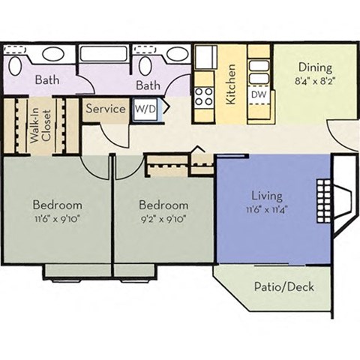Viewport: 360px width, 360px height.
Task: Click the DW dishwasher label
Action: coord(257,95)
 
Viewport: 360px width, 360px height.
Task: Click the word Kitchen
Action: coord(231,84)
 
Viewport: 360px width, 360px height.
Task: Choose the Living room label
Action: coord(267,196)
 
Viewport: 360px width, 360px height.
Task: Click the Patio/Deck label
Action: coord(283,287)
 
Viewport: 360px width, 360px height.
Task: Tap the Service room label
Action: coord(105,109)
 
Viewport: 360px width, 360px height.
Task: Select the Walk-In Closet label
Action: coord(40,125)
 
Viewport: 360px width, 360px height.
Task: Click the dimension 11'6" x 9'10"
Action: coord(56,219)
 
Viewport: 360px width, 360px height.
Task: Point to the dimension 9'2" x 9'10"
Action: coord(163,219)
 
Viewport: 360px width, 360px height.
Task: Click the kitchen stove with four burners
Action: coord(204,96)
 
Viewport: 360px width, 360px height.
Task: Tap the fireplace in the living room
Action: coord(330,199)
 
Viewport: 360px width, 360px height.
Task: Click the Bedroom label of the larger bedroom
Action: coord(56,205)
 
